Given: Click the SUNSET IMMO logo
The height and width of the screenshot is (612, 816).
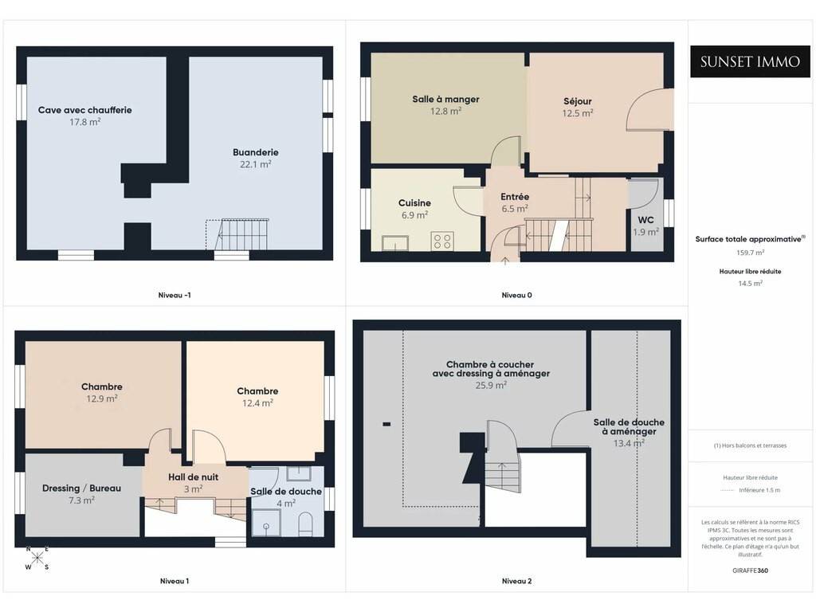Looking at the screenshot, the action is point(750,61).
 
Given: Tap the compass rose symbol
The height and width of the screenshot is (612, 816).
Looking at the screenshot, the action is point(37,559).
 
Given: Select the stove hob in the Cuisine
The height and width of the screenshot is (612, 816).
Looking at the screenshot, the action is point(442,241).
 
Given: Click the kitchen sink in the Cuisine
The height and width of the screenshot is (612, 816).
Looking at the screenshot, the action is point(395,243).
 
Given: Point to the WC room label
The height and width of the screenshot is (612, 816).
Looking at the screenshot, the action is point(645,220).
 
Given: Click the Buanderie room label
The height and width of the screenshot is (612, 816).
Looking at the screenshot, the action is point(256,152).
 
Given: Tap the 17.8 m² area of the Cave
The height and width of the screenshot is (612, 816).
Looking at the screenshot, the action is point(84,122).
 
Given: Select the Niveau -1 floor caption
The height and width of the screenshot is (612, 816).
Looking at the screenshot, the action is point(175,295).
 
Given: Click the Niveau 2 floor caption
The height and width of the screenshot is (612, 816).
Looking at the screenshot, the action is point(516,581).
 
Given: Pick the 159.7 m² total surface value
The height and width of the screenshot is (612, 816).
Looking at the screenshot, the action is point(750,253).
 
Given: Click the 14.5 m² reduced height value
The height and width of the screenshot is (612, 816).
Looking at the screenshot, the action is point(750,284).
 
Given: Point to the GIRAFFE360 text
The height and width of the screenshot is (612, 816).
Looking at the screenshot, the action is point(750,571).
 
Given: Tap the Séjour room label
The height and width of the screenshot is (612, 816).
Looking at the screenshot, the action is point(578,101).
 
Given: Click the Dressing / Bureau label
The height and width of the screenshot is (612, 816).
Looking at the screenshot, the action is point(82,488).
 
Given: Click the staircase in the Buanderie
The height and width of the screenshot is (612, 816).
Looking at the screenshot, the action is point(237,235).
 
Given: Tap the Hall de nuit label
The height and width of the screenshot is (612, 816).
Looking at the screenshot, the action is point(193,477).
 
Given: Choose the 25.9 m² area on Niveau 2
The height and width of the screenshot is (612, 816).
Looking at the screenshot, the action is point(491,385).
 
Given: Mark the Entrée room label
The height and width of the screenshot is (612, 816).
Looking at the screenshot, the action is point(515,197).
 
